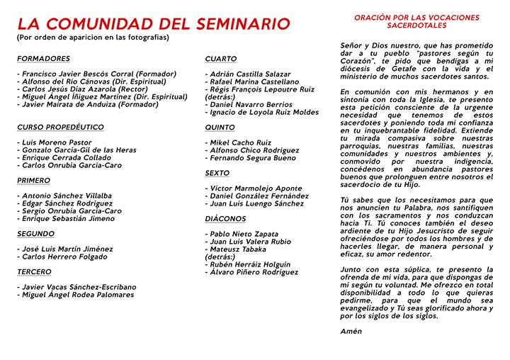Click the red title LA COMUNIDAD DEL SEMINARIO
(x=154, y=23)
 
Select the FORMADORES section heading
(x=43, y=59)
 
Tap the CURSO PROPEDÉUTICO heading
(x=60, y=128)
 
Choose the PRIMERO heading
(x=34, y=181)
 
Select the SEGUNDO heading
(x=35, y=234)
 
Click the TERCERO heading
(x=34, y=272)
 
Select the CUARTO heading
(x=221, y=59)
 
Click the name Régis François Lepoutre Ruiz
(x=260, y=89)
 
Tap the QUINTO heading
(x=220, y=128)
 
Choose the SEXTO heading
(x=217, y=173)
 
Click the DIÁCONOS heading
(x=225, y=219)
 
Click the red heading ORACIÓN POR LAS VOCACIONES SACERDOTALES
(x=416, y=21)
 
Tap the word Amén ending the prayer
(x=351, y=331)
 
